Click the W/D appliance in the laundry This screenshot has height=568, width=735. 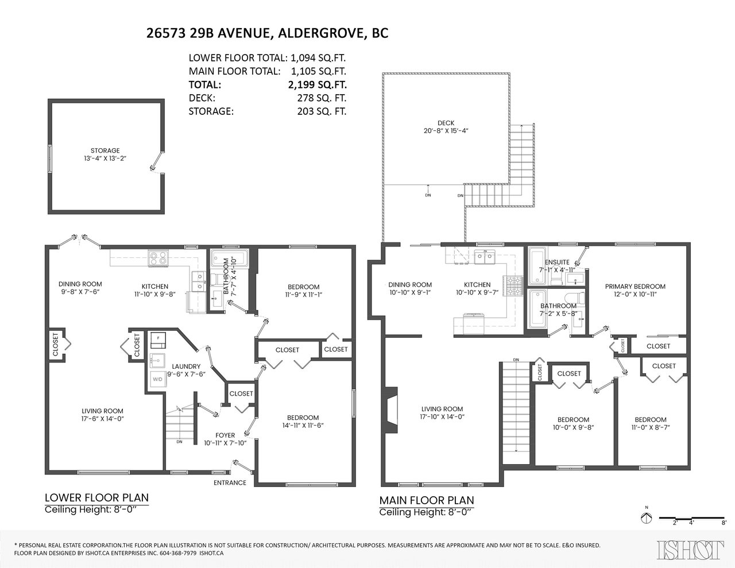[157, 379]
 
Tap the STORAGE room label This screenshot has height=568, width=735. [105, 150]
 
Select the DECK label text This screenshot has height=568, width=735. [446, 123]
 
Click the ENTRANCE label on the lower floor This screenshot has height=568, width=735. [230, 483]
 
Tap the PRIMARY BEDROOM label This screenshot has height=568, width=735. [635, 287]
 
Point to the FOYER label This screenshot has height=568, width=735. [225, 435]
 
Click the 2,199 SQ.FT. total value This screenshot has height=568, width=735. [318, 84]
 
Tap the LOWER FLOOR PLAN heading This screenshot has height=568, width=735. [96, 497]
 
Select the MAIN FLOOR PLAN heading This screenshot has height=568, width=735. [427, 500]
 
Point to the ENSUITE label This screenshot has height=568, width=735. [557, 262]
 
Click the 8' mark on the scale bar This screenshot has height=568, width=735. [724, 532]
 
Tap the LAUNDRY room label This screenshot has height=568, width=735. [186, 366]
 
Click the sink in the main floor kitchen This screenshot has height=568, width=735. [485, 257]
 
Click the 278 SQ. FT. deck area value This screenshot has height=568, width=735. [322, 98]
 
